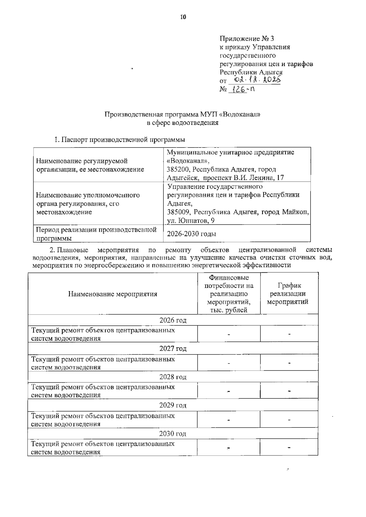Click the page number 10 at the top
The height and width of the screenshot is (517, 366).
(x=183, y=17)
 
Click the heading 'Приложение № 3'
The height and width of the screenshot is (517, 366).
(x=247, y=39)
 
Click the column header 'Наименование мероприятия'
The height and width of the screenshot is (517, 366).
(x=113, y=294)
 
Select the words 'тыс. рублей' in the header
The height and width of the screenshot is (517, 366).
(x=229, y=310)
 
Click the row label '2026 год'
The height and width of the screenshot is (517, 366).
(x=173, y=320)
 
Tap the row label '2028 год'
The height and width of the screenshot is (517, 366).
(x=173, y=377)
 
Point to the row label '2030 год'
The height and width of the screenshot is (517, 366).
(x=173, y=434)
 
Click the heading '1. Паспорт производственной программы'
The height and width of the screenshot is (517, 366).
(x=120, y=140)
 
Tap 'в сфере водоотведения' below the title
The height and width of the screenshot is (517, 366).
(x=183, y=123)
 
